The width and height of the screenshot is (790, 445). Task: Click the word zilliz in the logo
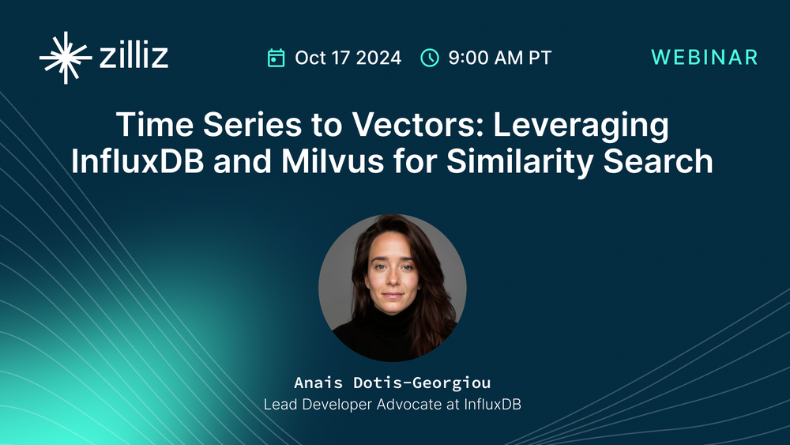pyautogui.click(x=134, y=58)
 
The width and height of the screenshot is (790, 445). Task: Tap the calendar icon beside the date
pyautogui.click(x=276, y=58)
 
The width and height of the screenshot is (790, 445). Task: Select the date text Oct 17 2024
pyautogui.click(x=348, y=58)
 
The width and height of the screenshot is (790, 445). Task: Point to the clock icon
pyautogui.click(x=429, y=58)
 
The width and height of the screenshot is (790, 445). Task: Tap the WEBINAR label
pyautogui.click(x=705, y=58)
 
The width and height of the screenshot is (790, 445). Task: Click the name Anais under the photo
pyautogui.click(x=318, y=383)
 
